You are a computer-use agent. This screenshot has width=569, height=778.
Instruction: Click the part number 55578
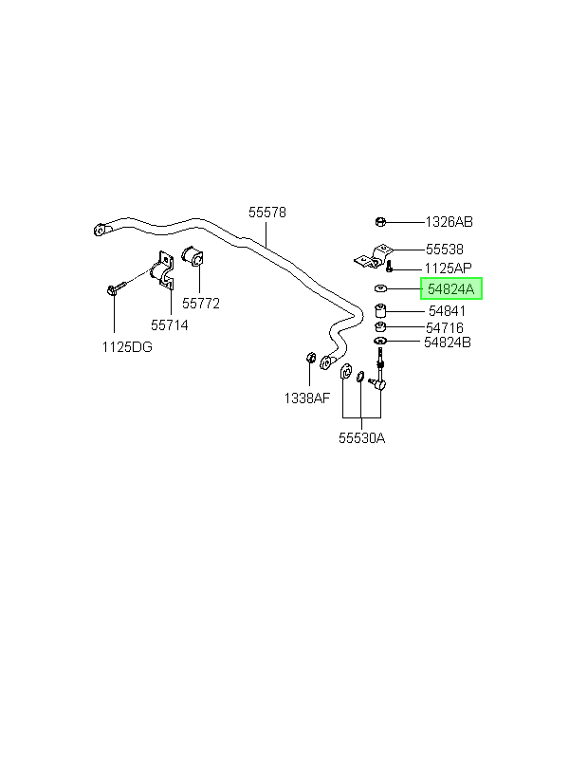(267, 213)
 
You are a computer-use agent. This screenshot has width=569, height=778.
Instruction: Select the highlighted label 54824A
(451, 288)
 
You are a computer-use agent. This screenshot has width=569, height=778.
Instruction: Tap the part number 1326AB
(449, 222)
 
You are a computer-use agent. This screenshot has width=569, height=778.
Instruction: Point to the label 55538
(445, 250)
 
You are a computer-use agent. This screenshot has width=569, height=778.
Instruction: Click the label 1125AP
(448, 269)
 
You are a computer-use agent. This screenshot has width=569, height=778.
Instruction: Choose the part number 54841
(447, 311)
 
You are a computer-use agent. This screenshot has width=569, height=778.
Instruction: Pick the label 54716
(445, 327)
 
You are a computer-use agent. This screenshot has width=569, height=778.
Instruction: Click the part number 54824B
(448, 343)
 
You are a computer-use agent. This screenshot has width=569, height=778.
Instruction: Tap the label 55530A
(361, 438)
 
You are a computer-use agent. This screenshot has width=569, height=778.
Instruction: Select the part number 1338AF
(306, 398)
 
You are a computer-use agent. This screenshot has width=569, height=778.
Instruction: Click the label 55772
(200, 304)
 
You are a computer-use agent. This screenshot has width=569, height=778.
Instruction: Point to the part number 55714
(170, 325)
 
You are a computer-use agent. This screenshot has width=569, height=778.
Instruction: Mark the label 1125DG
(127, 347)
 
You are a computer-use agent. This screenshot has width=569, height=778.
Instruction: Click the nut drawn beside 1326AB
(380, 222)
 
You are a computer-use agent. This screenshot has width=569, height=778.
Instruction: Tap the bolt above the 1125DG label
(116, 287)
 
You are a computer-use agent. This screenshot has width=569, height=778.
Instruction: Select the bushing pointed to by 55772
(193, 255)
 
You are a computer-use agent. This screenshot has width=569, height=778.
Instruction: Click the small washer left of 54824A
(381, 288)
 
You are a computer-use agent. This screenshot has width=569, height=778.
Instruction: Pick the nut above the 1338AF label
(310, 357)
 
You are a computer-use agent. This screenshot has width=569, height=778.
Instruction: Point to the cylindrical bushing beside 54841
(380, 311)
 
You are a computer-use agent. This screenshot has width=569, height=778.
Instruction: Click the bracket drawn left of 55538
(373, 257)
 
